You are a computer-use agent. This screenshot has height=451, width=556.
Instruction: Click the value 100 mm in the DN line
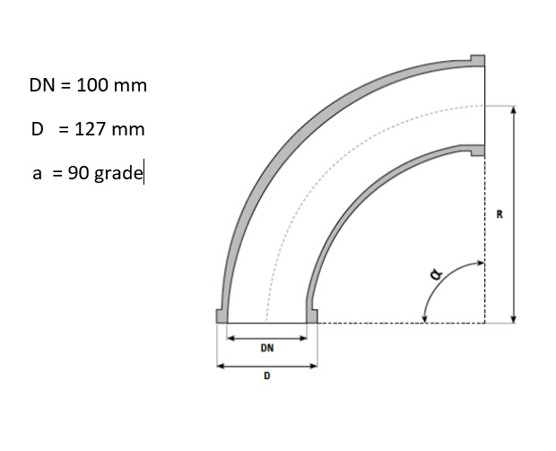pyautogui.click(x=111, y=86)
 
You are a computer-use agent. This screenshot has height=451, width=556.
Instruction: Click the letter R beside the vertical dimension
pyautogui.click(x=499, y=214)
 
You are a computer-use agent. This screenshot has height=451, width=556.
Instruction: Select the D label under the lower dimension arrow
pyautogui.click(x=266, y=377)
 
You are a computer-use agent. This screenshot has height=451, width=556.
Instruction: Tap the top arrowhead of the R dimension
pyautogui.click(x=513, y=109)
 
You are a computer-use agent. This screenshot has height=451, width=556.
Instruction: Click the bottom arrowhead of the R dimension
pyautogui.click(x=513, y=317)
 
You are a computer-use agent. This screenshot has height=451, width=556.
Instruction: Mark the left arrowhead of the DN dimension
pyautogui.click(x=230, y=338)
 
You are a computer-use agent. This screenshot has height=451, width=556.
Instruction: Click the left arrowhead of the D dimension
pyautogui.click(x=221, y=365)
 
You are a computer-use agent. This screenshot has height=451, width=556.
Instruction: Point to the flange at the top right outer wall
pyautogui.click(x=478, y=61)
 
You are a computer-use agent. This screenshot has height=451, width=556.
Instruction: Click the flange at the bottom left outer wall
pyautogui.click(x=221, y=316)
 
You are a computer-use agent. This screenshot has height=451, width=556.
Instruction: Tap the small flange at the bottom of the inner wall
pyautogui.click(x=312, y=316)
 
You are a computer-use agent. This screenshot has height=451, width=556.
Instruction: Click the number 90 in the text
pyautogui.click(x=77, y=173)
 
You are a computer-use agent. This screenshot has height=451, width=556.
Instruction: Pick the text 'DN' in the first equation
pyautogui.click(x=41, y=86)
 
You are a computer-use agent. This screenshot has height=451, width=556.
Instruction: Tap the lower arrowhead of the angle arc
pyautogui.click(x=425, y=317)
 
